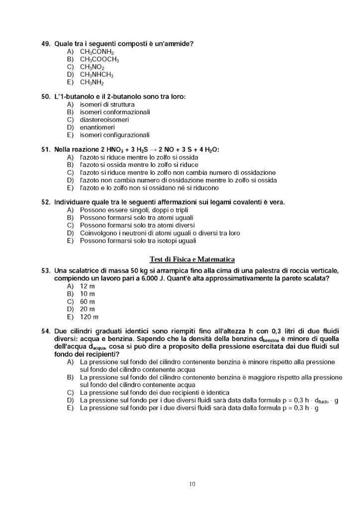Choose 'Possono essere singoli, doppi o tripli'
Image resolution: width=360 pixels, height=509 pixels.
133,210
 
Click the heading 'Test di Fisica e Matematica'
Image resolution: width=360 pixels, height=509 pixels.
192,258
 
